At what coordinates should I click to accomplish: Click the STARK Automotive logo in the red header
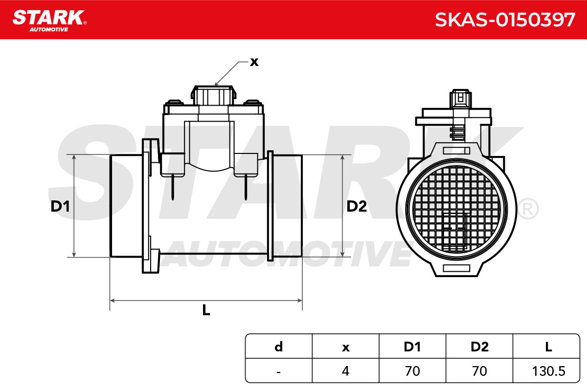click(x=49, y=21)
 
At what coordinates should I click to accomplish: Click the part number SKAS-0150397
click(x=505, y=20)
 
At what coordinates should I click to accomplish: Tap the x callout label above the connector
click(x=254, y=63)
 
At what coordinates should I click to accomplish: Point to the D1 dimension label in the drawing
click(x=60, y=206)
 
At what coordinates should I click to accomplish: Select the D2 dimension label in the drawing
click(x=357, y=206)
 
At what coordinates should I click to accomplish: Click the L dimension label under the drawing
click(x=206, y=310)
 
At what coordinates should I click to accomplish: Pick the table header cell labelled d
click(x=278, y=347)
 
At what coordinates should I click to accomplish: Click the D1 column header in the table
click(x=412, y=347)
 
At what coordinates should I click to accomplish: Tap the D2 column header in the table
click(x=479, y=347)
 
